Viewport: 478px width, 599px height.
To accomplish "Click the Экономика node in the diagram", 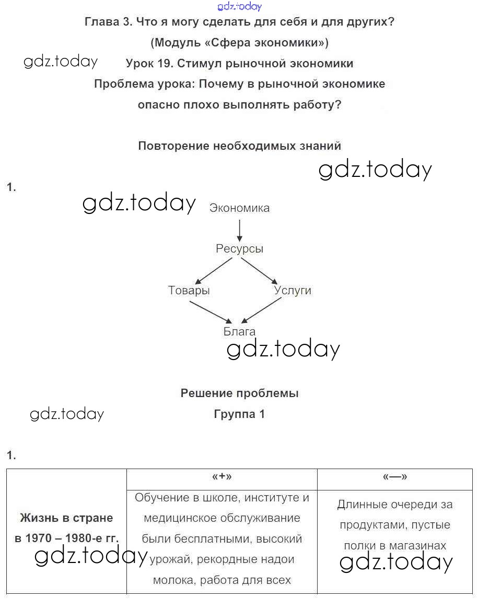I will coord(239,208).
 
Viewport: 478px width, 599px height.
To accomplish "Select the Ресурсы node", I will coord(239,249).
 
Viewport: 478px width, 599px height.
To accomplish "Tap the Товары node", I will coord(189,291).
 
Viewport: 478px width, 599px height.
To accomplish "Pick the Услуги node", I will coord(293,291).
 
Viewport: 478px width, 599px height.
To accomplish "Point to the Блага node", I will coord(239,331).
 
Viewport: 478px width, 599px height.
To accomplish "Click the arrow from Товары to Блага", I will coord(210,312).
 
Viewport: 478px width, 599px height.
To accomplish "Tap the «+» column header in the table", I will coord(222,476).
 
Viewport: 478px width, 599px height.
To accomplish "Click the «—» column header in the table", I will coord(395,476).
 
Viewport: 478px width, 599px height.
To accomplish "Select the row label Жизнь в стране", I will coord(66,518).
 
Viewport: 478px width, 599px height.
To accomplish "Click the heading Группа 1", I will coord(239,414).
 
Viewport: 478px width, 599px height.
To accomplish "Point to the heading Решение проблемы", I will coord(239,393).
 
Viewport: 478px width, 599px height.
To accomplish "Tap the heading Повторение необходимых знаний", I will coord(239,146).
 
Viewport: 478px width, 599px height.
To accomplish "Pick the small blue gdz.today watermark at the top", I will coord(239,7).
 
